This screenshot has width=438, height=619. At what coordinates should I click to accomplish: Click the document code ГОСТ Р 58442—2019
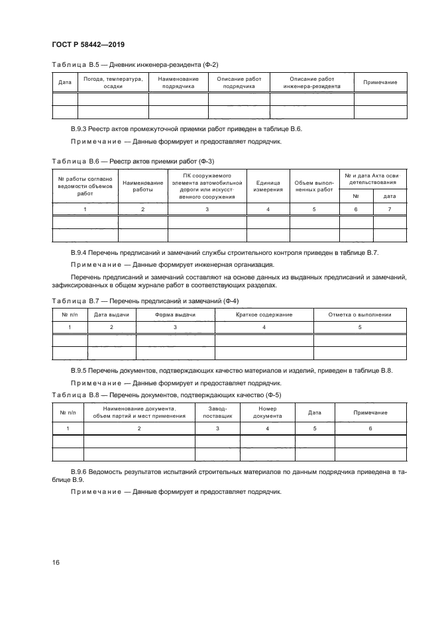[x=88, y=44]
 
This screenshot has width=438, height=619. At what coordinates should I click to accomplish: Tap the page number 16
[x=56, y=562]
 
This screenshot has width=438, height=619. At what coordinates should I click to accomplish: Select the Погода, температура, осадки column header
[x=113, y=82]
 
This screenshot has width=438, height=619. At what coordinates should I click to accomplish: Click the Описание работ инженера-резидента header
[x=311, y=82]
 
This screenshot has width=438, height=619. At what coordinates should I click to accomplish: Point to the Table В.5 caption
[x=135, y=64]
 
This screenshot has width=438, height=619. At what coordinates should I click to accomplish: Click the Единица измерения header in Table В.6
[x=268, y=185]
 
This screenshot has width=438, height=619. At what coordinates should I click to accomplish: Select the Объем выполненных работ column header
[x=314, y=185]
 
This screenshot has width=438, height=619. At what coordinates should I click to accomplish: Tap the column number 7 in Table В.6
[x=390, y=209]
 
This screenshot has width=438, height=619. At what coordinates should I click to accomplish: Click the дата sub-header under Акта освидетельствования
[x=390, y=196]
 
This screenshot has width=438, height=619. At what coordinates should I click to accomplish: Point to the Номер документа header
[x=268, y=412]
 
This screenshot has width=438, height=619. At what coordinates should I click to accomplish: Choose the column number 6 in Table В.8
[x=370, y=428]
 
